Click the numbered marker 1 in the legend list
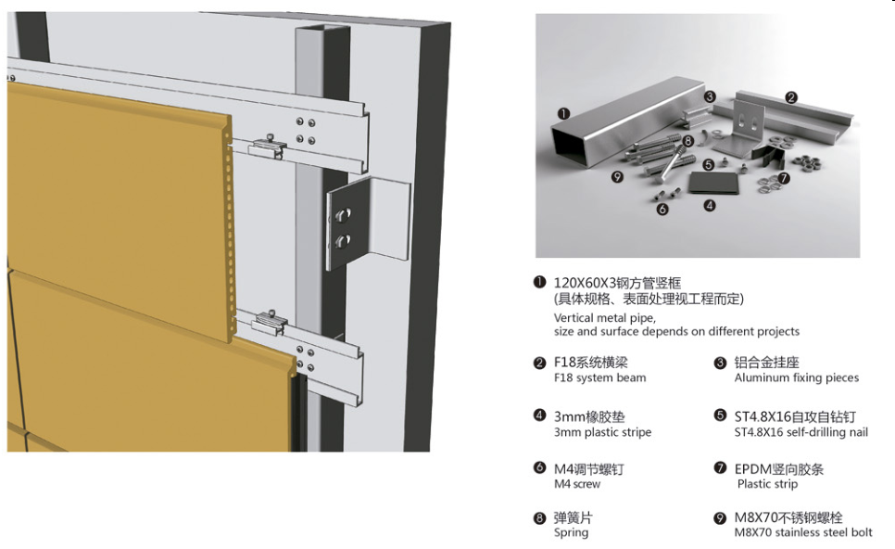click(539, 282)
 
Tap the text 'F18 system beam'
click(599, 377)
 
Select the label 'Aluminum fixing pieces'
click(796, 377)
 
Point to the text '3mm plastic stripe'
click(602, 432)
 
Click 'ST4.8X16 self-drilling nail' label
click(800, 432)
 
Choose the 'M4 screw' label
click(577, 484)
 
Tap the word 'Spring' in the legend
click(571, 532)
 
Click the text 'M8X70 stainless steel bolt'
click(803, 532)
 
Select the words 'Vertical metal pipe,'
click(604, 318)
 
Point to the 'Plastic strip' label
click(767, 484)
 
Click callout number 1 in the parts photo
click(563, 113)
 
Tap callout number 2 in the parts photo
click(790, 97)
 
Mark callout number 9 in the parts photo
click(617, 176)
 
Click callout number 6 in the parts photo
click(662, 209)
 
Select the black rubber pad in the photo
click(712, 183)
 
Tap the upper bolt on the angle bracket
click(343, 215)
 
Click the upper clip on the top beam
click(269, 147)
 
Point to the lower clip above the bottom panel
click(270, 324)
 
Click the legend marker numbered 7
click(720, 468)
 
